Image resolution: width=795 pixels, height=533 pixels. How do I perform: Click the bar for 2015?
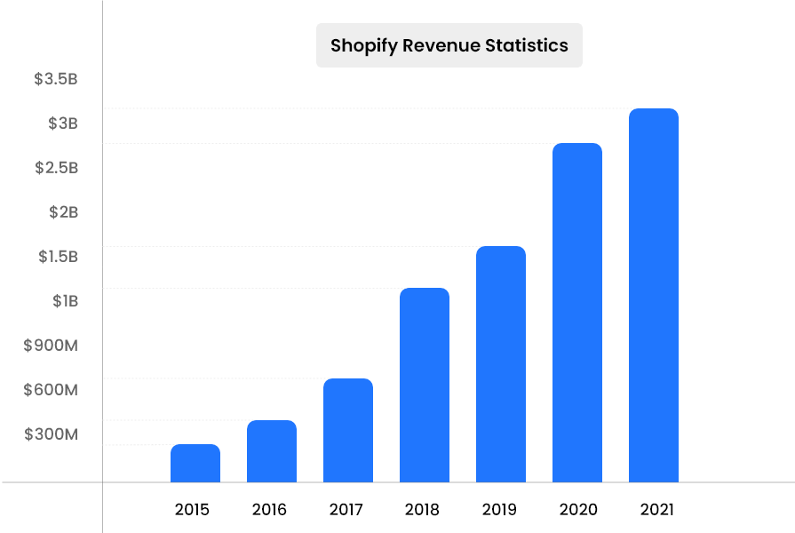[195, 463]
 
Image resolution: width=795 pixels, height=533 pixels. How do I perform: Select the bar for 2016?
[272, 451]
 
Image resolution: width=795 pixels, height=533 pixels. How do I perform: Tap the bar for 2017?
[348, 430]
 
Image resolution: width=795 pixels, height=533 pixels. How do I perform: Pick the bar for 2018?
[425, 385]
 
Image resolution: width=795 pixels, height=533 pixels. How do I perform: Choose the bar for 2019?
[501, 364]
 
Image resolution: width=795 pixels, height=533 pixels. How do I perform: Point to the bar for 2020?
[577, 313]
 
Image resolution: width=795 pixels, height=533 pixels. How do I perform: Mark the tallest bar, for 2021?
[654, 295]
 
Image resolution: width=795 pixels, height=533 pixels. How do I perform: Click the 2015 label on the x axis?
[193, 510]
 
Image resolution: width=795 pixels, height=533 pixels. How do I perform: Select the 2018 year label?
[422, 510]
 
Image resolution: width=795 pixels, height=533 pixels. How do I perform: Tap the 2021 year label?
[656, 510]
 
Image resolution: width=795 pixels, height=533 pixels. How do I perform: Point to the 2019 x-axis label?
[499, 510]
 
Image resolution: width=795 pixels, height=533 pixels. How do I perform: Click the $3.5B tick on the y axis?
[56, 79]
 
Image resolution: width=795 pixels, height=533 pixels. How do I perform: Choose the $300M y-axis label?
[52, 434]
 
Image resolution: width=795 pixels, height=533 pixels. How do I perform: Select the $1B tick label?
[65, 301]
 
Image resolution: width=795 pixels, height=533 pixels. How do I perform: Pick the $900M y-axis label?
[52, 346]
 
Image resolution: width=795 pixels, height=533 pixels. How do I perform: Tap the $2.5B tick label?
[56, 168]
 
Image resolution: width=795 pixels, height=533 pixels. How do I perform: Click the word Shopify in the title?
[363, 45]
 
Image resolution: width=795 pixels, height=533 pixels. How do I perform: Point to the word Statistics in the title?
[526, 45]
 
